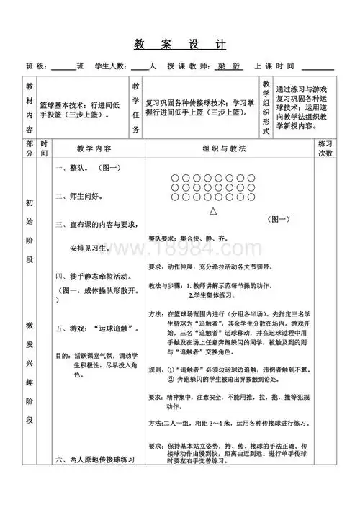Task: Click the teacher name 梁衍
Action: tap(225, 66)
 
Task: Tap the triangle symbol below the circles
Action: tap(213, 212)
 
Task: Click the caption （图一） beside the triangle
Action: tap(277, 219)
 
